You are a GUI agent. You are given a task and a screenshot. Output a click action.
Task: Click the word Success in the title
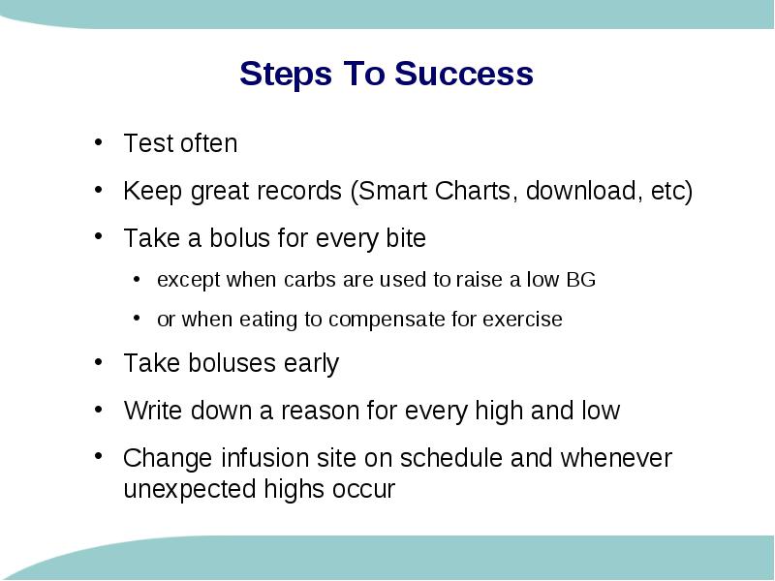point(464,74)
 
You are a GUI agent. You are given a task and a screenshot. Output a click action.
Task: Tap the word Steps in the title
point(286,75)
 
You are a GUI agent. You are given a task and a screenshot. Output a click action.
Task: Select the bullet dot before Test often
point(99,142)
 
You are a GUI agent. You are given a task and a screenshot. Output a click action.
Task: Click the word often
point(209,143)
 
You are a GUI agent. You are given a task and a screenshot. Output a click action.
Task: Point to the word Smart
point(392,191)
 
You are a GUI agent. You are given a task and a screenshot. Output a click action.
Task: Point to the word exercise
point(522,320)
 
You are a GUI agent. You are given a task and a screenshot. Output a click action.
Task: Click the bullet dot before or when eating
point(137,319)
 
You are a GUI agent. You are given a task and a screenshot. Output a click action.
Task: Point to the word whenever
point(616,457)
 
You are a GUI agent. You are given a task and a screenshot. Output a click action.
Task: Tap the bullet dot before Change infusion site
point(99,455)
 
